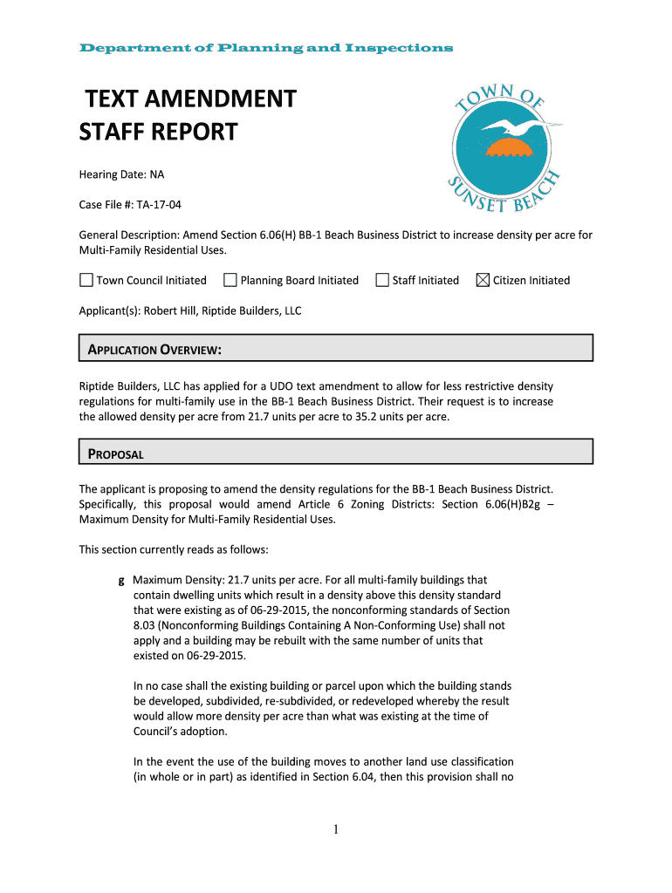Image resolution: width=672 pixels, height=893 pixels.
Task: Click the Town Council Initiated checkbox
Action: [x=86, y=280]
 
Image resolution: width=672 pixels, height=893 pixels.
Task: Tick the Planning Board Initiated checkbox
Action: [x=230, y=280]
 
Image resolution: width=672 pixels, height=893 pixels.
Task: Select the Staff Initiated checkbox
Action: [x=382, y=280]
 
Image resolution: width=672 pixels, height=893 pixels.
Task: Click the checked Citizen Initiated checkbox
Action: [x=483, y=280]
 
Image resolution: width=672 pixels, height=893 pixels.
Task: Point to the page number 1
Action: [x=336, y=829]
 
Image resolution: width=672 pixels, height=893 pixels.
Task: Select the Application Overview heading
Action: [x=154, y=351]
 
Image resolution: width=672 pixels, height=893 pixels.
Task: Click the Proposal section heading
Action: [x=115, y=453]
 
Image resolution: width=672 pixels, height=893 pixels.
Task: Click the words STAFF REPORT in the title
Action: [x=158, y=133]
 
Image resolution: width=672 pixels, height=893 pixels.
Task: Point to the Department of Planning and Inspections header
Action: [x=266, y=48]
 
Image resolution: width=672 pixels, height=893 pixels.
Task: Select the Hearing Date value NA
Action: [x=157, y=174]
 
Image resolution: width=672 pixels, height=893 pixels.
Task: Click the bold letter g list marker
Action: [x=121, y=579]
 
